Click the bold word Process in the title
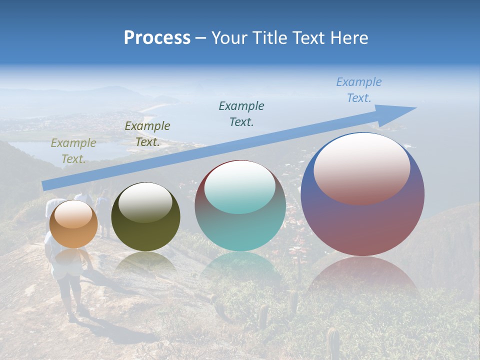point(157,38)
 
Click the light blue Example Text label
point(358,90)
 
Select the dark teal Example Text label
point(241,113)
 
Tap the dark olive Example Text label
point(147,134)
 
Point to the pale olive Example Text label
point(73,150)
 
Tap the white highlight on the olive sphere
point(145,201)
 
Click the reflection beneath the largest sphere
point(362,275)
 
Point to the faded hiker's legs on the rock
point(70,295)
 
